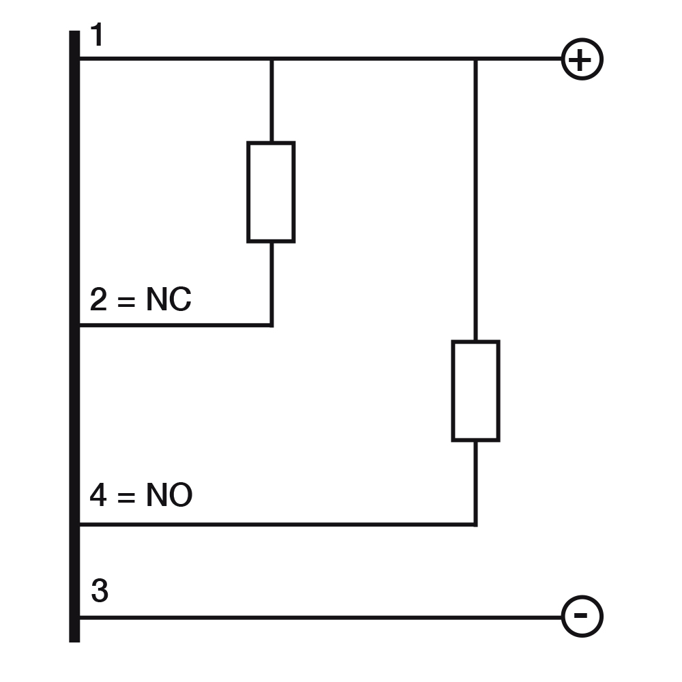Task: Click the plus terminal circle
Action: coord(582,59)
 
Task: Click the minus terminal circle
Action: coord(582,616)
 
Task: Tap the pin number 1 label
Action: coord(97,35)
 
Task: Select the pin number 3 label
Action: coord(100,591)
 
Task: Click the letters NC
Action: coord(168,299)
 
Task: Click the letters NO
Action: coord(169,495)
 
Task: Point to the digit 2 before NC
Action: coord(98,299)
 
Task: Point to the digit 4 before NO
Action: coord(98,495)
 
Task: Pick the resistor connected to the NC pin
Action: coord(271,192)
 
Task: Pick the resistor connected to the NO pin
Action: coord(475,391)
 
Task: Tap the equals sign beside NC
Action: coord(126,301)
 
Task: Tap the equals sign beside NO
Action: coord(126,496)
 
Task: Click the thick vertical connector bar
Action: coord(74,336)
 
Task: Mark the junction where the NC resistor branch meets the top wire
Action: coord(272,58)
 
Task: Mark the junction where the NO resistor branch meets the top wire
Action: coord(475,58)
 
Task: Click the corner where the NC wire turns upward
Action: coord(272,325)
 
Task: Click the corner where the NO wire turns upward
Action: coord(475,524)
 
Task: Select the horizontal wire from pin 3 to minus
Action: coord(321,617)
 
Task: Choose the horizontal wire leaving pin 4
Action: coord(278,524)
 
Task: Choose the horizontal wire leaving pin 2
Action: coord(176,325)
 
